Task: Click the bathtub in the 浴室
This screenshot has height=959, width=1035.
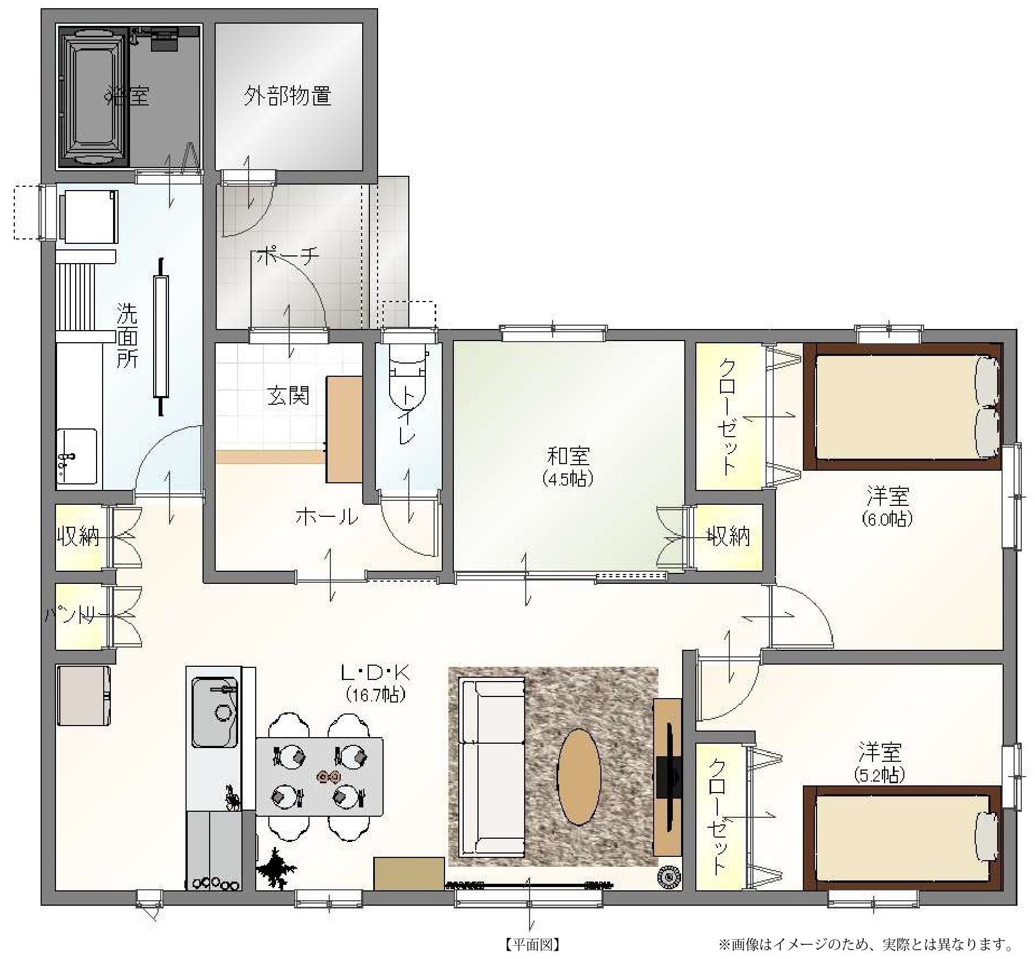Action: [x=94, y=96]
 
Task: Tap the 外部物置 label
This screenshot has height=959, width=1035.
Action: [x=288, y=96]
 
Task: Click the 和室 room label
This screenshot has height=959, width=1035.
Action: [x=568, y=455]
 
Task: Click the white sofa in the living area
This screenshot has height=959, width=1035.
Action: [x=492, y=767]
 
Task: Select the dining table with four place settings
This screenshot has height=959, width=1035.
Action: [x=319, y=776]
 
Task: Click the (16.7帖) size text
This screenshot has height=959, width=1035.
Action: [x=376, y=695]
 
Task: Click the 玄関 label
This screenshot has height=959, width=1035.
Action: [x=288, y=395]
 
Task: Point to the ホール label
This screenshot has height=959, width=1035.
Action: [x=327, y=516]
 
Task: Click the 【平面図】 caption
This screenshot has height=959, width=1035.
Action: [x=532, y=944]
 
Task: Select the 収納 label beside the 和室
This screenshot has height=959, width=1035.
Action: [x=728, y=536]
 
